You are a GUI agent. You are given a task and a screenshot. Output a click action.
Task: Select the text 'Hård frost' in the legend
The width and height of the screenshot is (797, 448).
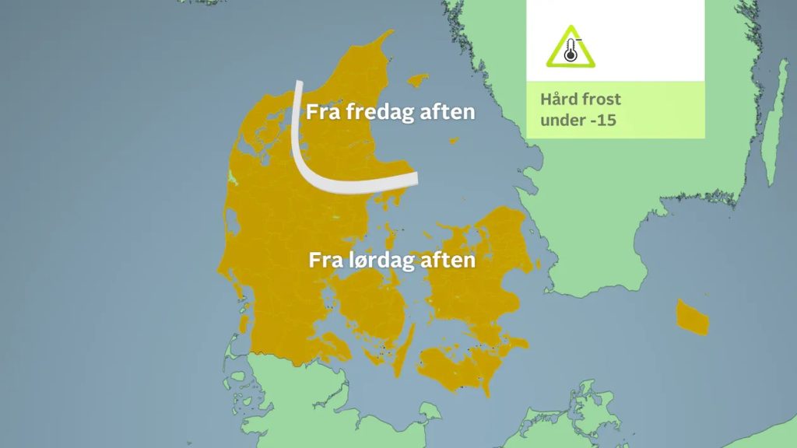581,100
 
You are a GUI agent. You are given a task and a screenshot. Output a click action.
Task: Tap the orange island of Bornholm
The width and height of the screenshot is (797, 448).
692,317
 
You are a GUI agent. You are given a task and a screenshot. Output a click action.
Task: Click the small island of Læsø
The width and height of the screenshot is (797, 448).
419,79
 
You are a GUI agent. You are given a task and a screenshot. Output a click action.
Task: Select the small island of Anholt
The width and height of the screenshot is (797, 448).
452,140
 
